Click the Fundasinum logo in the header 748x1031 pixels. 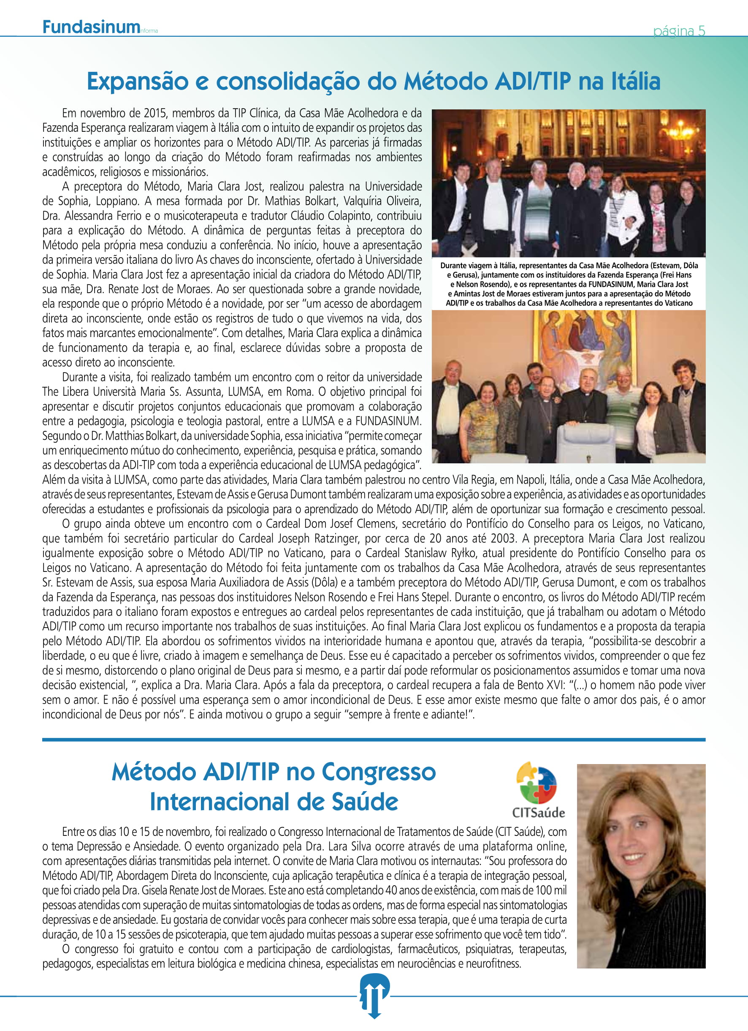click(x=91, y=27)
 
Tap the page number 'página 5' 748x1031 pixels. click(x=679, y=31)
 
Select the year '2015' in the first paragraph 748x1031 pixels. click(x=155, y=113)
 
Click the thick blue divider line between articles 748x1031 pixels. click(x=374, y=740)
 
